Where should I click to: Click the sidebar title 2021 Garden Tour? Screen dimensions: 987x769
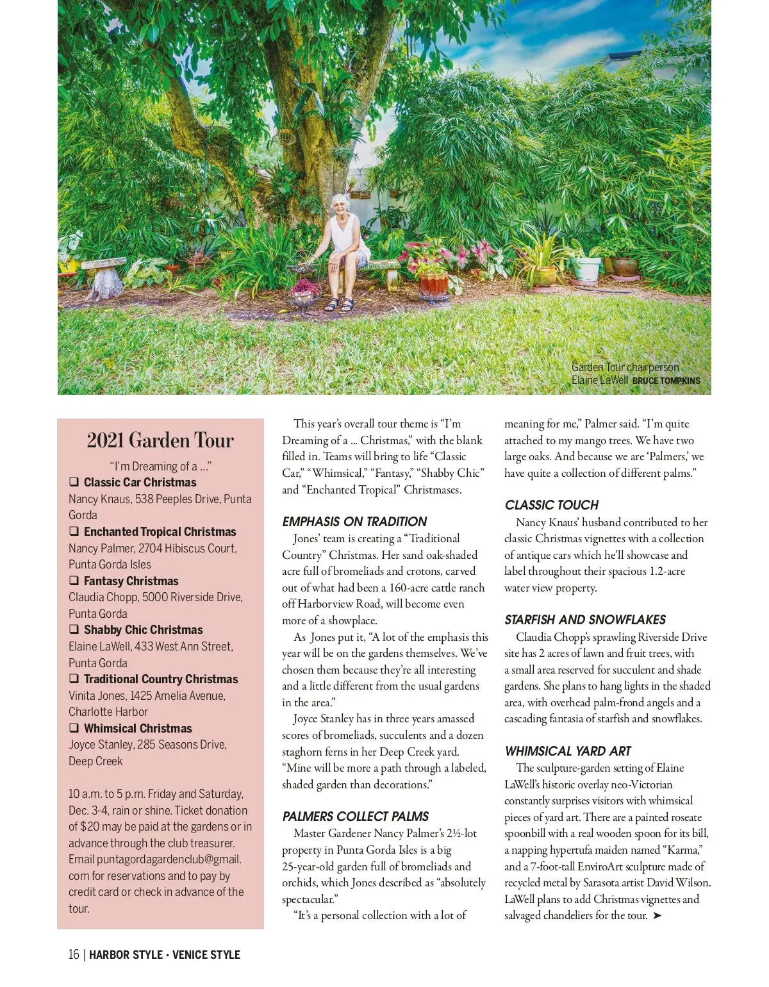[x=160, y=440]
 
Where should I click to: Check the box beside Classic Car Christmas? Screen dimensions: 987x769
[x=74, y=482]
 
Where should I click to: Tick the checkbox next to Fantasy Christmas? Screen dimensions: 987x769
[x=74, y=581]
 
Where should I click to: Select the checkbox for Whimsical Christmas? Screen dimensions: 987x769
[x=74, y=728]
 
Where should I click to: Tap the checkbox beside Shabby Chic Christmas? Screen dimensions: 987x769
[x=74, y=629]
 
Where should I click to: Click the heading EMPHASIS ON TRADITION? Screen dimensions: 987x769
[x=354, y=522]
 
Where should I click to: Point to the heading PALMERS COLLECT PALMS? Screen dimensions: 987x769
[x=355, y=817]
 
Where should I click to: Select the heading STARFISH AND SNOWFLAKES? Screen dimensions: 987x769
[x=584, y=620]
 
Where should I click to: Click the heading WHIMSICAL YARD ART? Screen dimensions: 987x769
[x=567, y=751]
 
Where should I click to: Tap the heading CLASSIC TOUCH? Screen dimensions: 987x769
[x=551, y=505]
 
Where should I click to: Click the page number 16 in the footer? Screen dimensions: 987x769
[x=74, y=955]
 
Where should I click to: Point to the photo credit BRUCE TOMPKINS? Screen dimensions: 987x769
[x=666, y=381]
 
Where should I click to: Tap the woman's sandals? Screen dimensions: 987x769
[x=340, y=304]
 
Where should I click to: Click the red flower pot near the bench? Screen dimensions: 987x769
[x=433, y=285]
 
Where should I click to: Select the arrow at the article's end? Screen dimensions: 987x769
[x=657, y=916]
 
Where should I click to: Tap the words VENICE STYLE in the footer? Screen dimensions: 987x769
[x=206, y=955]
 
